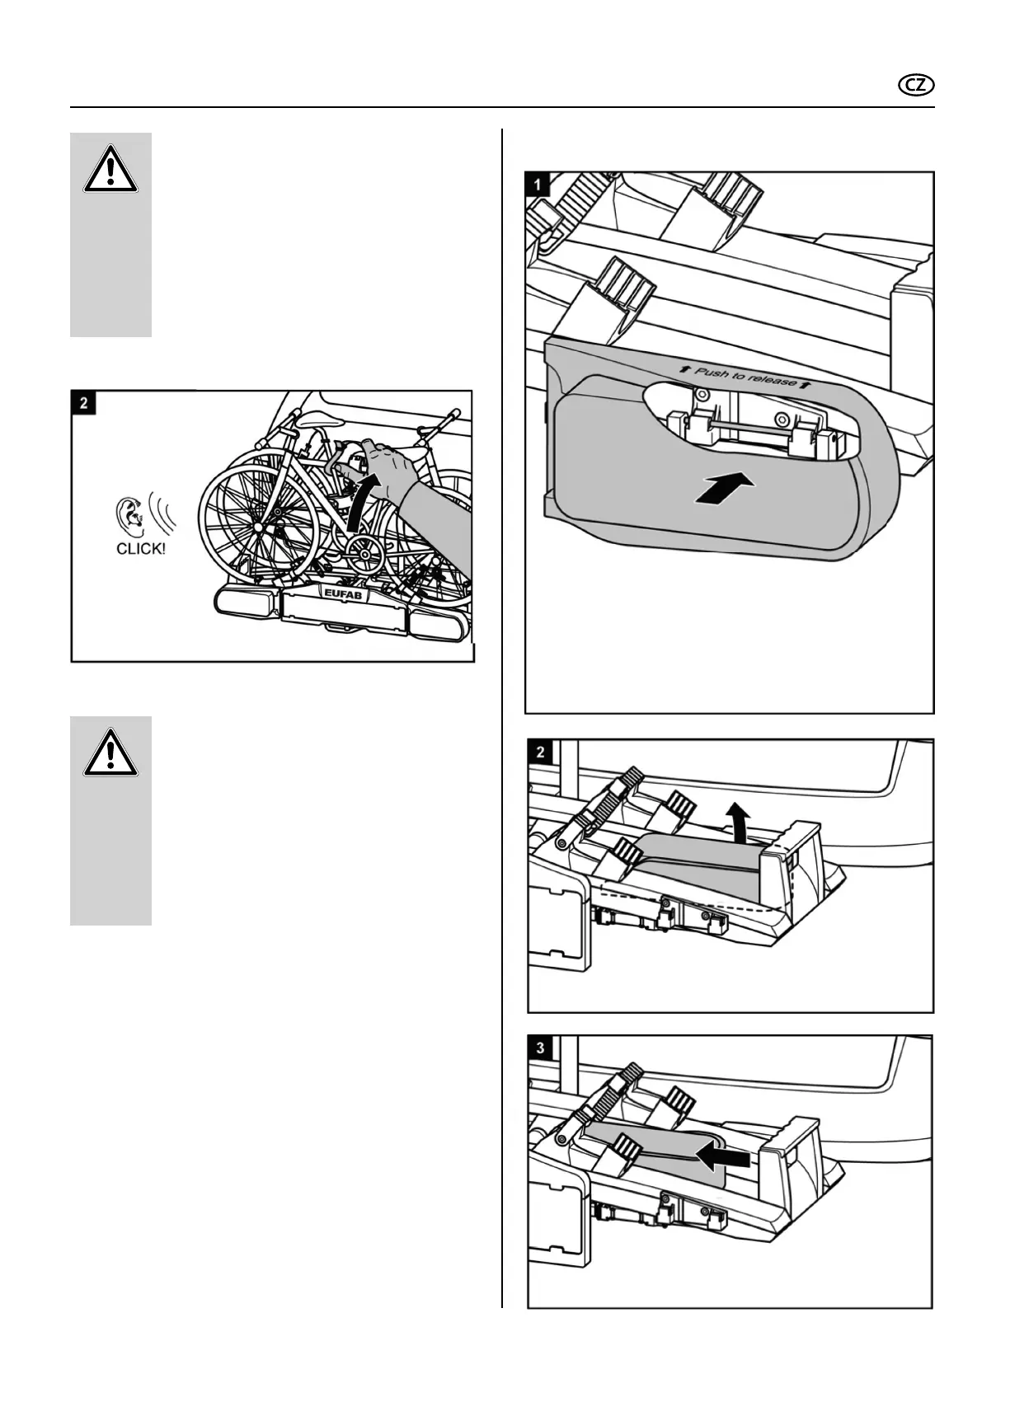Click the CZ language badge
(x=917, y=86)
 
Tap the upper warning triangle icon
(x=110, y=171)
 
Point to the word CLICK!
(x=141, y=549)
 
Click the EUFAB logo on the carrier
(x=341, y=591)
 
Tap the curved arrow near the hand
(x=359, y=503)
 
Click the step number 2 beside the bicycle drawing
(x=83, y=404)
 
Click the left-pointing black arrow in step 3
(x=723, y=1159)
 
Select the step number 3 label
(x=539, y=1048)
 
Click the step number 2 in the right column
(x=539, y=752)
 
